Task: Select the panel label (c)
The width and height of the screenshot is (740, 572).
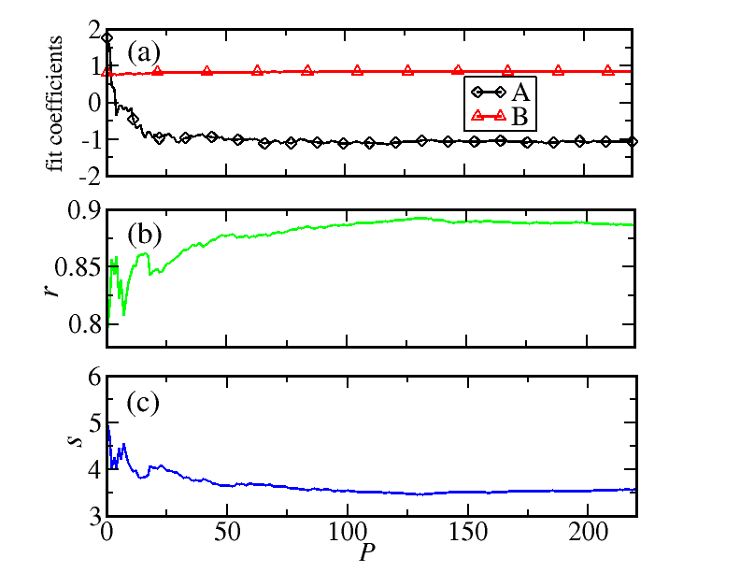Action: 143,404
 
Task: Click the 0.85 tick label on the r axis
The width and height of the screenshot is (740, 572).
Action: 78,270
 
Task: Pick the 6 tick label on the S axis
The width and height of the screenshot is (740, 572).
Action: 93,376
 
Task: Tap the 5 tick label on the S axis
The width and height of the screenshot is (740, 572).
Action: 93,422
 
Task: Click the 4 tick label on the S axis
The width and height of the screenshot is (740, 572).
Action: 93,468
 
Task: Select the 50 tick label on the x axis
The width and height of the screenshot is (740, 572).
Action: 226,532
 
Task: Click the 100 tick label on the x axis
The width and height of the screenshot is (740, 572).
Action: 348,532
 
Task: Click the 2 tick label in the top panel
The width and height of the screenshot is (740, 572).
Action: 93,30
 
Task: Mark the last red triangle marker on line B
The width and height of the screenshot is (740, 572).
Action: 608,70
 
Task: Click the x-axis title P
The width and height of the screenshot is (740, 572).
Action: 366,551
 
